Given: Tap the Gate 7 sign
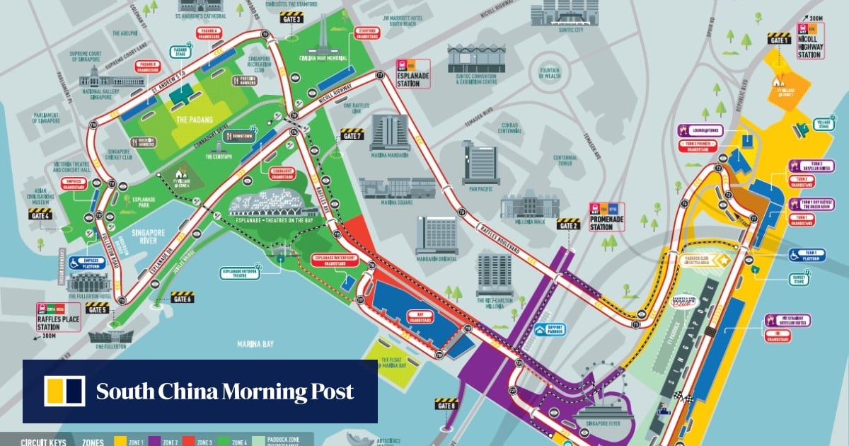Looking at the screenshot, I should (x=352, y=134).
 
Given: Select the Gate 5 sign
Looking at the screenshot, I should (x=97, y=308).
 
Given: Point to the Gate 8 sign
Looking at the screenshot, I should (x=446, y=405).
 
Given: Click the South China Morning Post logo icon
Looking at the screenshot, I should (x=64, y=391).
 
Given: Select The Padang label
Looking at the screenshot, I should (x=190, y=120).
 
